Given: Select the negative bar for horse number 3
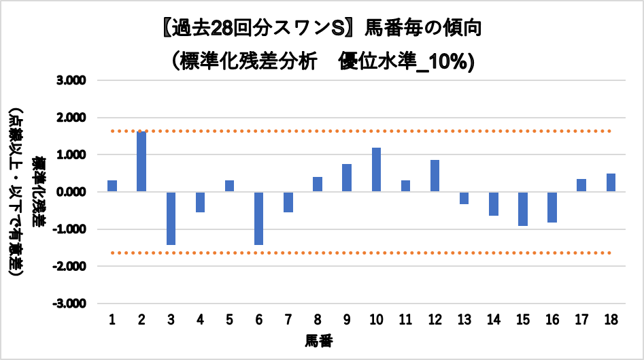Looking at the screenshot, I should pyautogui.click(x=171, y=218).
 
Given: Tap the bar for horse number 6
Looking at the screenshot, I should pyautogui.click(x=259, y=218).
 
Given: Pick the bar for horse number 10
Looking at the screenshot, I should pyautogui.click(x=376, y=169).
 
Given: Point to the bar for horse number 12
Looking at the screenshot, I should pyautogui.click(x=435, y=176).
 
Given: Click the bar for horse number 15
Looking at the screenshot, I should pyautogui.click(x=522, y=208).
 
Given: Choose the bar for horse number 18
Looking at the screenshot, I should pyautogui.click(x=611, y=182).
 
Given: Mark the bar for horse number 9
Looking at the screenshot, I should pyautogui.click(x=347, y=178).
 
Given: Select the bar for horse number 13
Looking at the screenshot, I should pyautogui.click(x=464, y=198).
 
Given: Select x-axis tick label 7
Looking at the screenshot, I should pyautogui.click(x=288, y=319).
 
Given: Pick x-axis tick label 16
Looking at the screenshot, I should pyautogui.click(x=552, y=319).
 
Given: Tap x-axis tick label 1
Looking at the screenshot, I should pyautogui.click(x=112, y=319).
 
